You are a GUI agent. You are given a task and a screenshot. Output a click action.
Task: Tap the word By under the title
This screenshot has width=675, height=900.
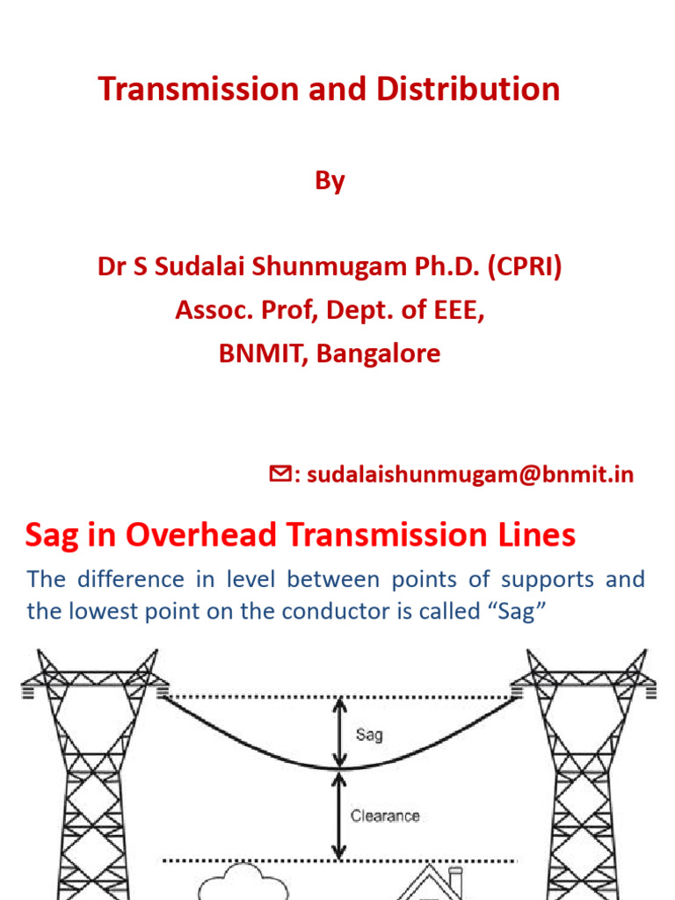[330, 181]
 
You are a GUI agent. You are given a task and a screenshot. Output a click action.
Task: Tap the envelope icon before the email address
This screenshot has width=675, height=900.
[279, 475]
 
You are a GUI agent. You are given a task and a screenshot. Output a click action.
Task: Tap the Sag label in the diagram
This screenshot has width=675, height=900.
[369, 734]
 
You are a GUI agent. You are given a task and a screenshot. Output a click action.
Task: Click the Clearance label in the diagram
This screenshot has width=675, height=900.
[385, 816]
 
